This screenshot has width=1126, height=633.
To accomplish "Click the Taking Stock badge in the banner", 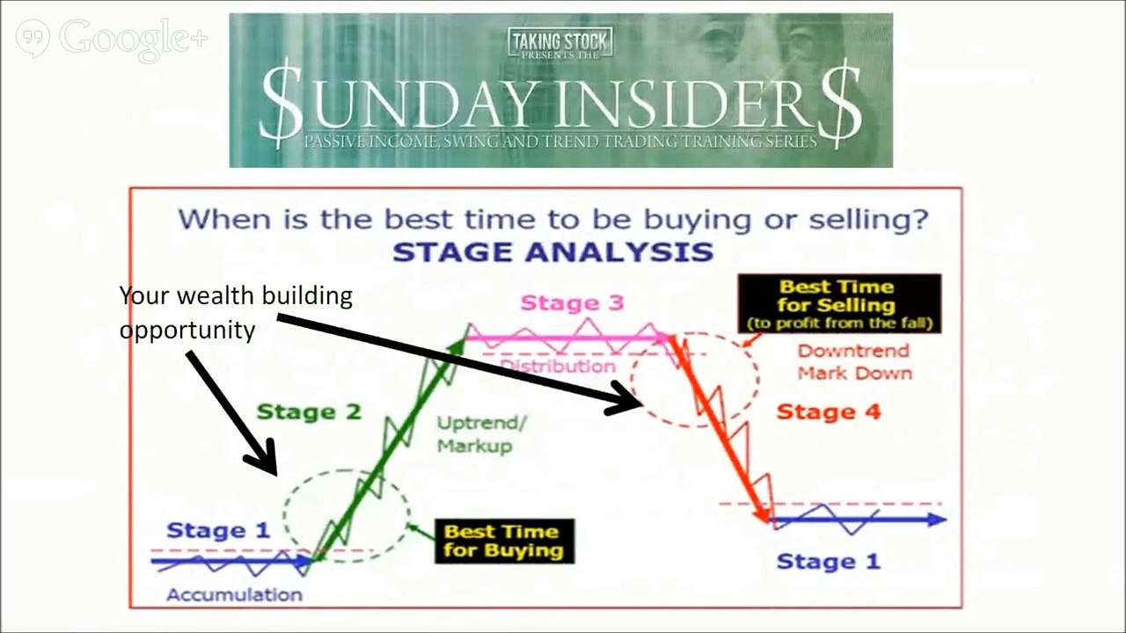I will tap(559, 41).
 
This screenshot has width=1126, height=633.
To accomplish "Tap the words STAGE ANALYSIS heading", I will tap(552, 252).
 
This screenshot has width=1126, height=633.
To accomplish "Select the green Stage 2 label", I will tap(308, 411).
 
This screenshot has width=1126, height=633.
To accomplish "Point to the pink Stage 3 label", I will tap(572, 303).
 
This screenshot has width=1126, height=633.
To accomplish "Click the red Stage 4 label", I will tap(828, 411).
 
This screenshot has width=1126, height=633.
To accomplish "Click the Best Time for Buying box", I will tap(503, 542).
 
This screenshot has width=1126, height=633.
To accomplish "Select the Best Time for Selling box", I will tap(838, 304).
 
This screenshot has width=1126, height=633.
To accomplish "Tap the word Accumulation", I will tap(234, 595).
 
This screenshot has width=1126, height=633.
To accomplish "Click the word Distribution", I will tap(558, 366).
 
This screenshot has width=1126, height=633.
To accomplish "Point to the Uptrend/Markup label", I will tap(481, 434).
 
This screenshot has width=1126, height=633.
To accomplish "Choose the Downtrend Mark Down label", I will tap(854, 362).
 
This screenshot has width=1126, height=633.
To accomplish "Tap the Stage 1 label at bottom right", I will tap(828, 562).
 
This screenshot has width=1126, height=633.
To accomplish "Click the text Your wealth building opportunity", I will tap(235, 312).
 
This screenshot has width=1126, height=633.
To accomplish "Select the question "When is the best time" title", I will tap(553, 218).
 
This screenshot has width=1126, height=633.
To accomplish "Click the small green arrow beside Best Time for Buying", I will tap(422, 530).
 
